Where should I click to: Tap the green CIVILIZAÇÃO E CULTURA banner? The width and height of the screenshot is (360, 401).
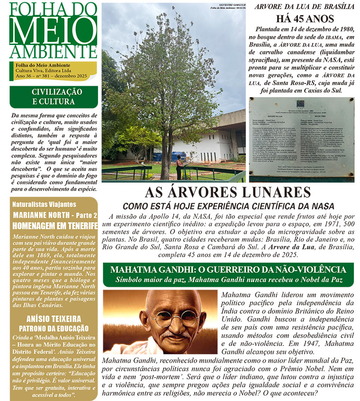tap(53, 97)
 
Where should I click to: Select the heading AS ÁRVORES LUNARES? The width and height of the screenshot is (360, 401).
tap(228, 192)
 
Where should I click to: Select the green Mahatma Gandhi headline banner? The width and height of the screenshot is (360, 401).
tap(228, 274)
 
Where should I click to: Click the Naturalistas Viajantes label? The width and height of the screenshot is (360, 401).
tap(44, 204)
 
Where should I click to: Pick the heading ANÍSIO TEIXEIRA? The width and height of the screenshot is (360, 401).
tap(54, 319)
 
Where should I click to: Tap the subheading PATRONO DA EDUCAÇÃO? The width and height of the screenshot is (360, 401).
tap(54, 328)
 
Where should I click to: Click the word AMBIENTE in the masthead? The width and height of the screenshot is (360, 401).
tap(53, 52)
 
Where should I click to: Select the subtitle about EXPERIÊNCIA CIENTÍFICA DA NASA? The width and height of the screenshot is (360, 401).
tap(228, 206)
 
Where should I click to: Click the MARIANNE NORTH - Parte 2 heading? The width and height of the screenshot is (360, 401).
tap(54, 215)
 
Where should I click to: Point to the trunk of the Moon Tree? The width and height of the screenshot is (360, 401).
tap(168, 156)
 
